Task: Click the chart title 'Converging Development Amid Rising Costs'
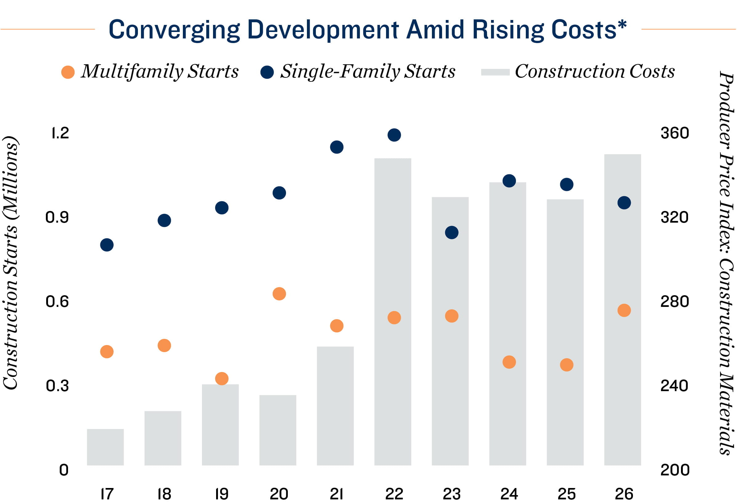tap(367, 30)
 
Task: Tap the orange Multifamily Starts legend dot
tap(68, 72)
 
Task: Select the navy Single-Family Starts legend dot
tap(267, 72)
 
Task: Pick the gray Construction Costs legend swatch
tap(495, 72)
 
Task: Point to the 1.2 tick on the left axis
tap(60, 133)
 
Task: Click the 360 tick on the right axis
tap(675, 133)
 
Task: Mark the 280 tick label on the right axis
tap(675, 302)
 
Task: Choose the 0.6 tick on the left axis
tap(57, 302)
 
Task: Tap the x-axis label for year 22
tap(394, 494)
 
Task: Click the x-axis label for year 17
tap(107, 494)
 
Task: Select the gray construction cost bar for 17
tap(105, 447)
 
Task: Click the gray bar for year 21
tap(335, 406)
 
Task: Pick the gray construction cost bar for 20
tap(278, 430)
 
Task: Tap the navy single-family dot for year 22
tap(394, 135)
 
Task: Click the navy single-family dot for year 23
tap(452, 232)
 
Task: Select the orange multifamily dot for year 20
tap(279, 294)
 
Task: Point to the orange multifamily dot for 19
tap(222, 379)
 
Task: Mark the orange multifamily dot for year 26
tap(624, 311)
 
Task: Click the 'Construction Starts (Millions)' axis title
tap(10, 263)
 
